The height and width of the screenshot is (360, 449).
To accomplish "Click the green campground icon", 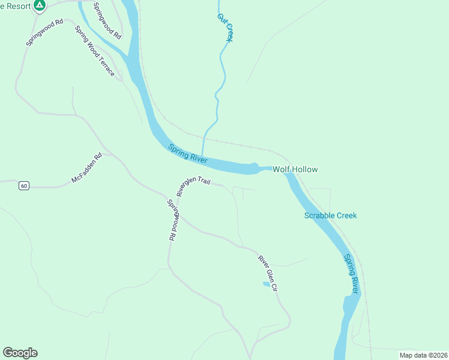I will [x=39, y=6].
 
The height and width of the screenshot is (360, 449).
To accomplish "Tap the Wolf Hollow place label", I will [x=295, y=170].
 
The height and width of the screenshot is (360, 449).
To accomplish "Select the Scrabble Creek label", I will [x=330, y=215].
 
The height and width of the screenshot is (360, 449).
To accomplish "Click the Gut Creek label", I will [x=224, y=27].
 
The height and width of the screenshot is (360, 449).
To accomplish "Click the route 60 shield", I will [x=23, y=186].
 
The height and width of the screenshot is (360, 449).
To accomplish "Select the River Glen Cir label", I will [x=268, y=274].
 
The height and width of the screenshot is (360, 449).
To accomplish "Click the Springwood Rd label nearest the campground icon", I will [x=44, y=32].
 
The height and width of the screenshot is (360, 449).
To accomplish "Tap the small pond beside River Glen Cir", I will [x=266, y=284].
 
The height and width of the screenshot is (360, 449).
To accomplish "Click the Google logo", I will [x=20, y=353].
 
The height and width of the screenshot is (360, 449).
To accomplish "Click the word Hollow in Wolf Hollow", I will [x=305, y=170].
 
